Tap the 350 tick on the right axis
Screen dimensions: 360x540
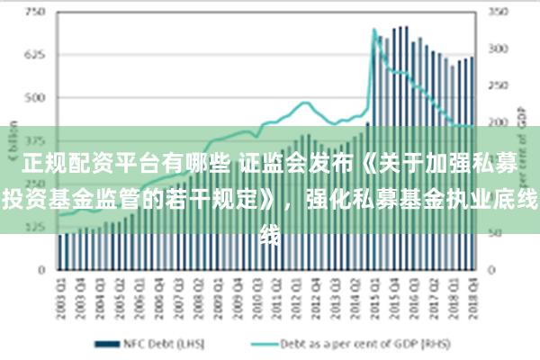[498, 13]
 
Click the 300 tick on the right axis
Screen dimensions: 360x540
[498, 49]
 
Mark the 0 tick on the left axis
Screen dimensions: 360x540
[40, 269]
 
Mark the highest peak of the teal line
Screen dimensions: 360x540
[374, 31]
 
